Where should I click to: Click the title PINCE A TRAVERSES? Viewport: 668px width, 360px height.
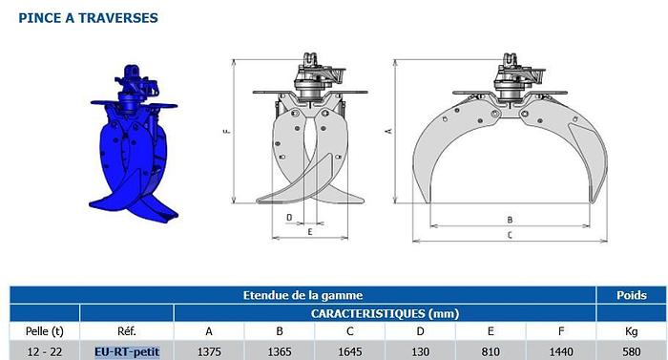pyautogui.click(x=88, y=18)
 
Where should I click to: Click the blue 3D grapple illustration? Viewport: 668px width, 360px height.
pyautogui.click(x=134, y=145)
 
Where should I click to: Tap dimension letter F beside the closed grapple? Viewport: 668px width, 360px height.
pyautogui.click(x=227, y=131)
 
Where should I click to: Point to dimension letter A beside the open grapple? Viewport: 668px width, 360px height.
pyautogui.click(x=388, y=131)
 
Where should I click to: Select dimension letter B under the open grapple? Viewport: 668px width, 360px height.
pyautogui.click(x=510, y=220)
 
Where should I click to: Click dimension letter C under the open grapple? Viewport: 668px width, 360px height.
pyautogui.click(x=510, y=235)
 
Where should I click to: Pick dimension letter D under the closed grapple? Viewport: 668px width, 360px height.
pyautogui.click(x=289, y=218)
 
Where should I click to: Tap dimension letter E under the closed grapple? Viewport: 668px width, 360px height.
pyautogui.click(x=310, y=232)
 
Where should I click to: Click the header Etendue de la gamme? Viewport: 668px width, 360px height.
pyautogui.click(x=303, y=295)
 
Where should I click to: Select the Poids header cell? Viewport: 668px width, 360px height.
pyautogui.click(x=632, y=295)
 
